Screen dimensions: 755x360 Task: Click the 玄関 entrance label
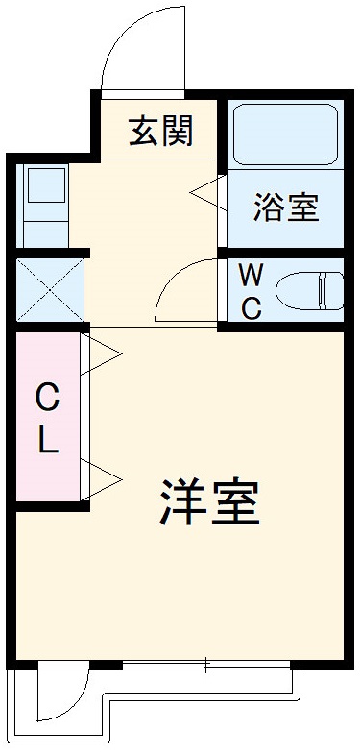(160, 131)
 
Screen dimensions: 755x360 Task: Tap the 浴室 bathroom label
(285, 207)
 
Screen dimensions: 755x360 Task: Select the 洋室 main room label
(209, 502)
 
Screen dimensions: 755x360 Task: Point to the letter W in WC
(251, 277)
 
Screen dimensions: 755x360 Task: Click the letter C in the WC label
(251, 308)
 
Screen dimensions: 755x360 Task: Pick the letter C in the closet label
(47, 395)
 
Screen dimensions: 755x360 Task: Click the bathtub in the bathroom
(285, 134)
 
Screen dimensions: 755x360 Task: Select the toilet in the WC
(308, 289)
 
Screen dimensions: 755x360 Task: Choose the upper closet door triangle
(104, 353)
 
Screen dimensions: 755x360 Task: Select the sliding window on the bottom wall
(205, 664)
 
